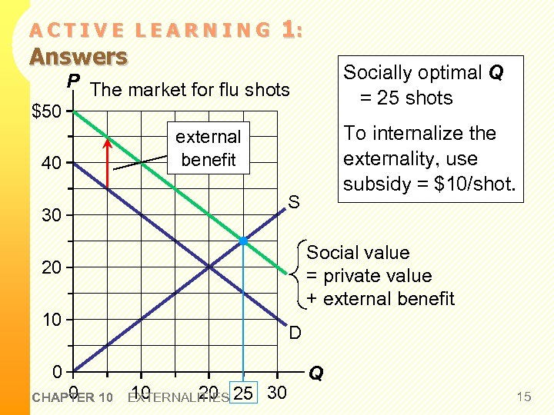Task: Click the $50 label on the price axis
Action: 48,111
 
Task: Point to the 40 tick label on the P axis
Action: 52,164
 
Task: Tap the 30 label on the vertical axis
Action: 52,216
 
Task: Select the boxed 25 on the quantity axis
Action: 243,393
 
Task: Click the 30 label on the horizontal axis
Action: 276,393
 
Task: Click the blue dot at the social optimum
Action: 243,241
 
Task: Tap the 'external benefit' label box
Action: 209,148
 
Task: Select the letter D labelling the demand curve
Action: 295,333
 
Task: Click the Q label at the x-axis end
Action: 315,374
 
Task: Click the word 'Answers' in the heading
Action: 78,56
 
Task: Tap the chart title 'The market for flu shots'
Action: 189,90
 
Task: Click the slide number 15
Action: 523,397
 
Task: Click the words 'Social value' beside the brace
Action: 358,253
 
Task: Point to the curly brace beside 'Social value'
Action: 299,274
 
